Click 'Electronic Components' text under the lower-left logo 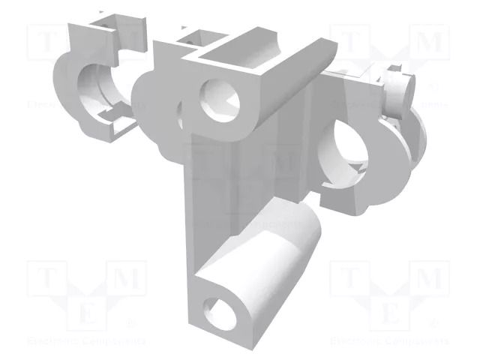click(87, 341)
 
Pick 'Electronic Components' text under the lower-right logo click(390, 341)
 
